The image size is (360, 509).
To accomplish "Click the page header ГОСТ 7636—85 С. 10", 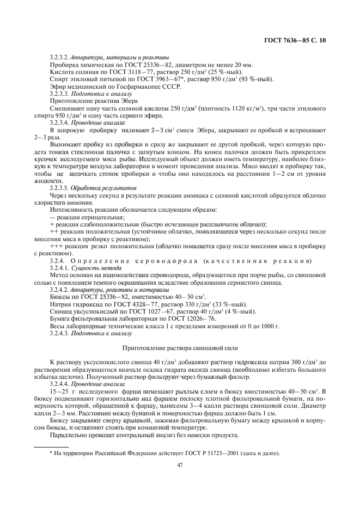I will (296, 41).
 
